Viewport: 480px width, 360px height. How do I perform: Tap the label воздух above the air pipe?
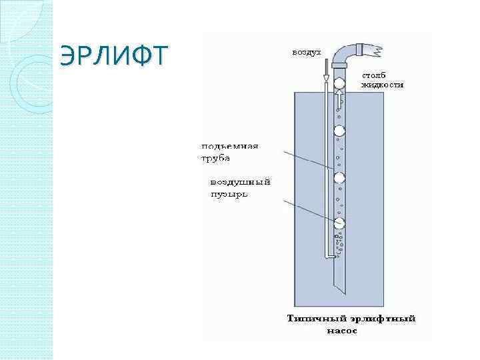306,52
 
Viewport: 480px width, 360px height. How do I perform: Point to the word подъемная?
229,146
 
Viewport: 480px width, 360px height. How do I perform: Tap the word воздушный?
240,182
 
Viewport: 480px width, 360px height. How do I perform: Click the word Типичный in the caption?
312,319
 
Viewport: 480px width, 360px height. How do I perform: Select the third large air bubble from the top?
339,177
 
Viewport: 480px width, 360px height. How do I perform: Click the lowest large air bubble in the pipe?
339,223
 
